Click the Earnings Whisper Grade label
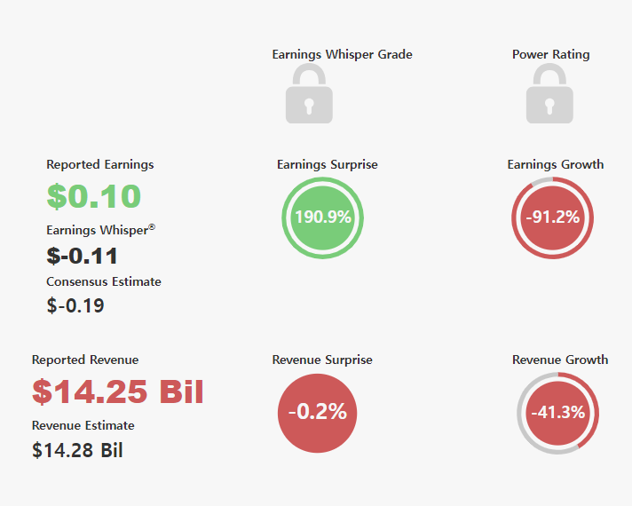pyautogui.click(x=343, y=54)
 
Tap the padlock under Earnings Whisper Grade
pyautogui.click(x=309, y=93)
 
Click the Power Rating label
pyautogui.click(x=550, y=54)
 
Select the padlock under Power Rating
pyautogui.click(x=549, y=93)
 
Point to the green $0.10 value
pyautogui.click(x=93, y=196)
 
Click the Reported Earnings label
pyautogui.click(x=100, y=164)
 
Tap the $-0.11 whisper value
pyautogui.click(x=82, y=256)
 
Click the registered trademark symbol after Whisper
pyautogui.click(x=152, y=227)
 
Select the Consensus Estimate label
pyautogui.click(x=104, y=281)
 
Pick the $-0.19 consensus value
pyautogui.click(x=75, y=305)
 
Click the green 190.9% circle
pyautogui.click(x=322, y=217)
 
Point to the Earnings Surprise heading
pyautogui.click(x=328, y=164)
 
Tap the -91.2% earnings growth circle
pyautogui.click(x=553, y=217)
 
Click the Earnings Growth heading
pyautogui.click(x=556, y=164)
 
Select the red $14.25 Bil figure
pyautogui.click(x=118, y=391)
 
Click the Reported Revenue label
pyautogui.click(x=85, y=360)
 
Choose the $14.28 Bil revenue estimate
pyautogui.click(x=77, y=450)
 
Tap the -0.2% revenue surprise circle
pyautogui.click(x=317, y=414)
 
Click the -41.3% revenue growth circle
pyautogui.click(x=557, y=414)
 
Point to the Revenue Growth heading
pyautogui.click(x=560, y=360)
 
